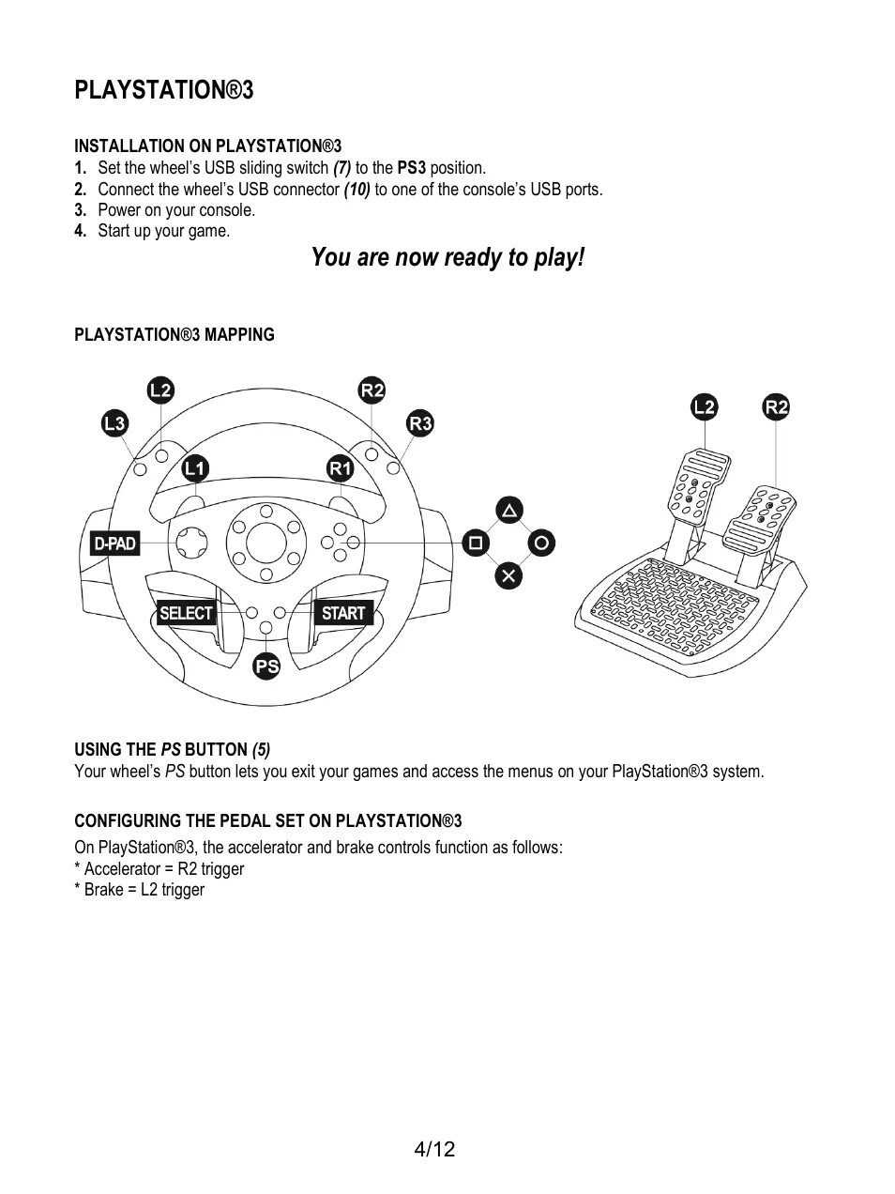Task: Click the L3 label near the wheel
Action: [x=114, y=423]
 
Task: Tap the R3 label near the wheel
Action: [x=420, y=423]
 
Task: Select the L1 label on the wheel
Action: [x=195, y=467]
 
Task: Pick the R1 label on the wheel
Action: [x=340, y=467]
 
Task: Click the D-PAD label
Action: [x=114, y=543]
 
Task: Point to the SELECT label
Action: [x=186, y=613]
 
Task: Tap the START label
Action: [x=342, y=613]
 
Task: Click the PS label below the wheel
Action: [x=267, y=666]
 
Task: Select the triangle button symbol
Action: [x=508, y=511]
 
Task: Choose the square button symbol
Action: [x=476, y=543]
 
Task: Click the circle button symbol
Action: [x=541, y=543]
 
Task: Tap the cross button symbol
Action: [x=508, y=575]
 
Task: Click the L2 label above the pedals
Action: [x=704, y=406]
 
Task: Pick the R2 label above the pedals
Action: [x=776, y=406]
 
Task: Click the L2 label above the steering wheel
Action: [x=160, y=390]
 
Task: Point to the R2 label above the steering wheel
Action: [x=372, y=390]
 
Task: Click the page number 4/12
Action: [x=434, y=1149]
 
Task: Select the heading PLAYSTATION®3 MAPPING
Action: [x=174, y=334]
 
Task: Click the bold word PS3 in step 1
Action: [x=412, y=168]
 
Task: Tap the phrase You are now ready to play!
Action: [x=447, y=257]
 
